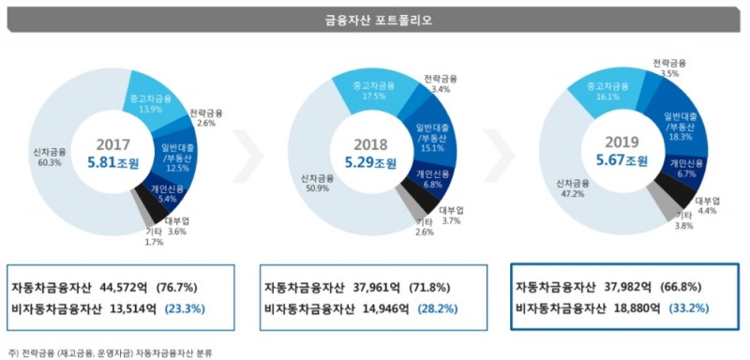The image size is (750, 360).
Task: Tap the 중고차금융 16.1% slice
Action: (x=604, y=91)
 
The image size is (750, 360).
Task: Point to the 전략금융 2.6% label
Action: (x=205, y=118)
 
